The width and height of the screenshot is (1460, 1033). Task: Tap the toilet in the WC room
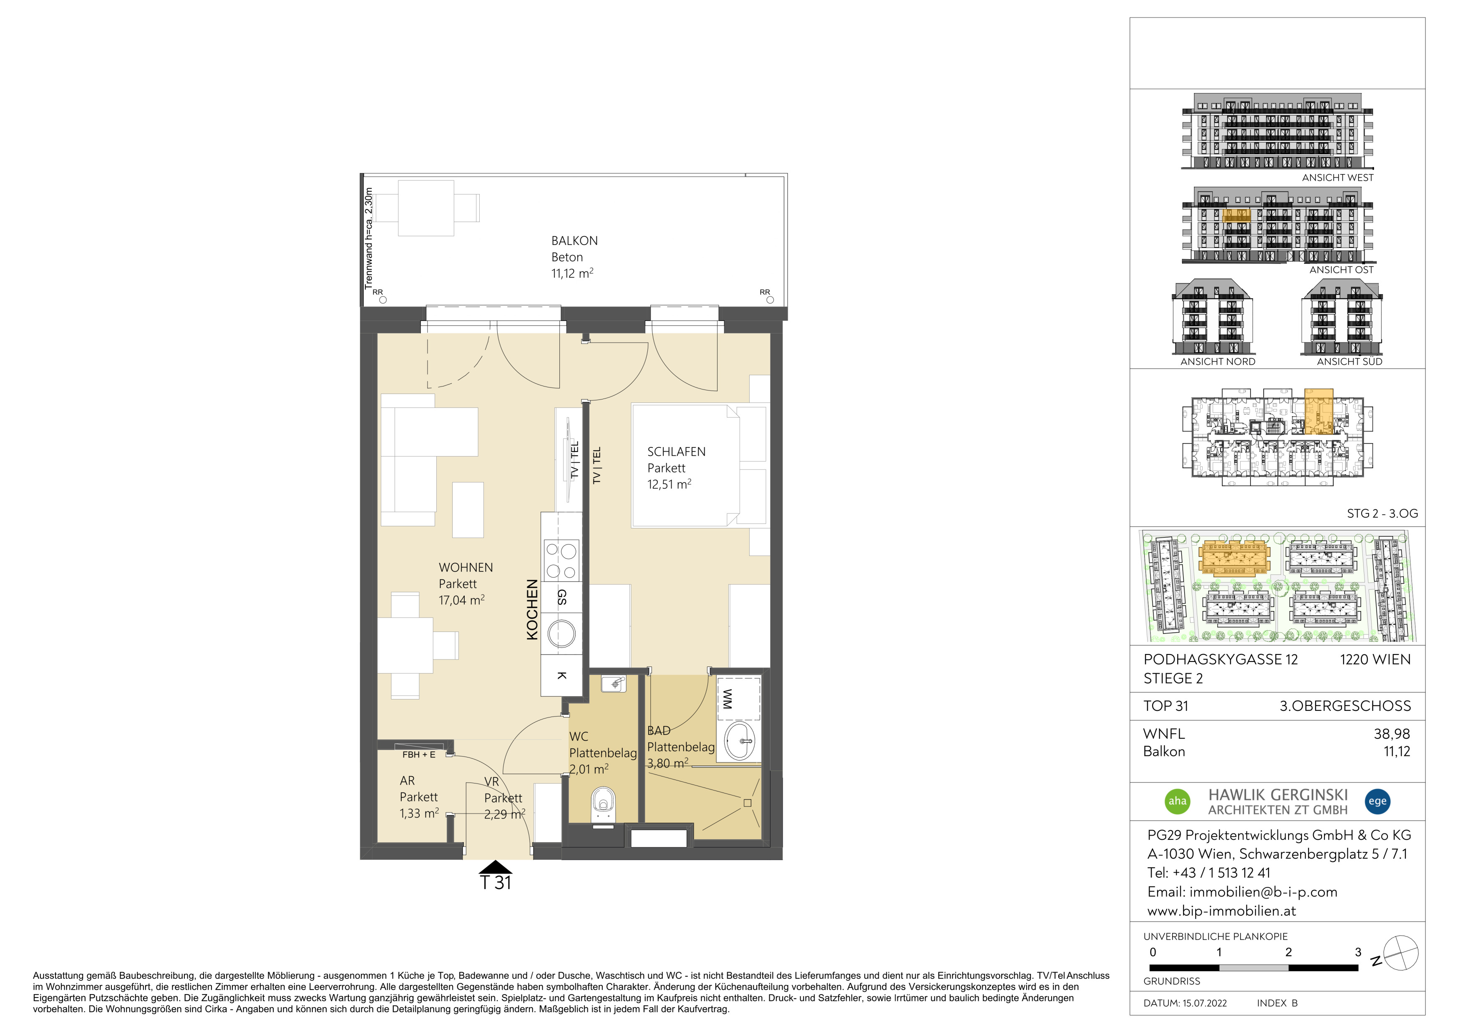pyautogui.click(x=604, y=807)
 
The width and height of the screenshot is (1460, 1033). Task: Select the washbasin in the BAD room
pyautogui.click(x=740, y=740)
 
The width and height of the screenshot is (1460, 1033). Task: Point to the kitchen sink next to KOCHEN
pyautogui.click(x=561, y=634)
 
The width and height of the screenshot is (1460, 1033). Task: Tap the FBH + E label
pyautogui.click(x=418, y=755)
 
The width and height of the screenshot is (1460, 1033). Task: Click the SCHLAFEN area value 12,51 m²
pyautogui.click(x=669, y=484)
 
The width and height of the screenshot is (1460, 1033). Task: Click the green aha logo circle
pyautogui.click(x=1177, y=801)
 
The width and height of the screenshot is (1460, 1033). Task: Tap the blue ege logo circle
pyautogui.click(x=1377, y=801)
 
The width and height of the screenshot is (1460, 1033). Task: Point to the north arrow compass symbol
pyautogui.click(x=1400, y=953)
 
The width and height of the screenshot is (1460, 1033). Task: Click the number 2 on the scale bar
pyautogui.click(x=1288, y=952)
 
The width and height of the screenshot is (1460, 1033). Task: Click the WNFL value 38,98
pyautogui.click(x=1392, y=734)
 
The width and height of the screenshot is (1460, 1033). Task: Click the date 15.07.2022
pyautogui.click(x=1204, y=1003)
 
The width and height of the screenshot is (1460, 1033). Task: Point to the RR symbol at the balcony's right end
pyautogui.click(x=765, y=293)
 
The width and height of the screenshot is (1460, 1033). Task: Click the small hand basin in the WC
pyautogui.click(x=614, y=684)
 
